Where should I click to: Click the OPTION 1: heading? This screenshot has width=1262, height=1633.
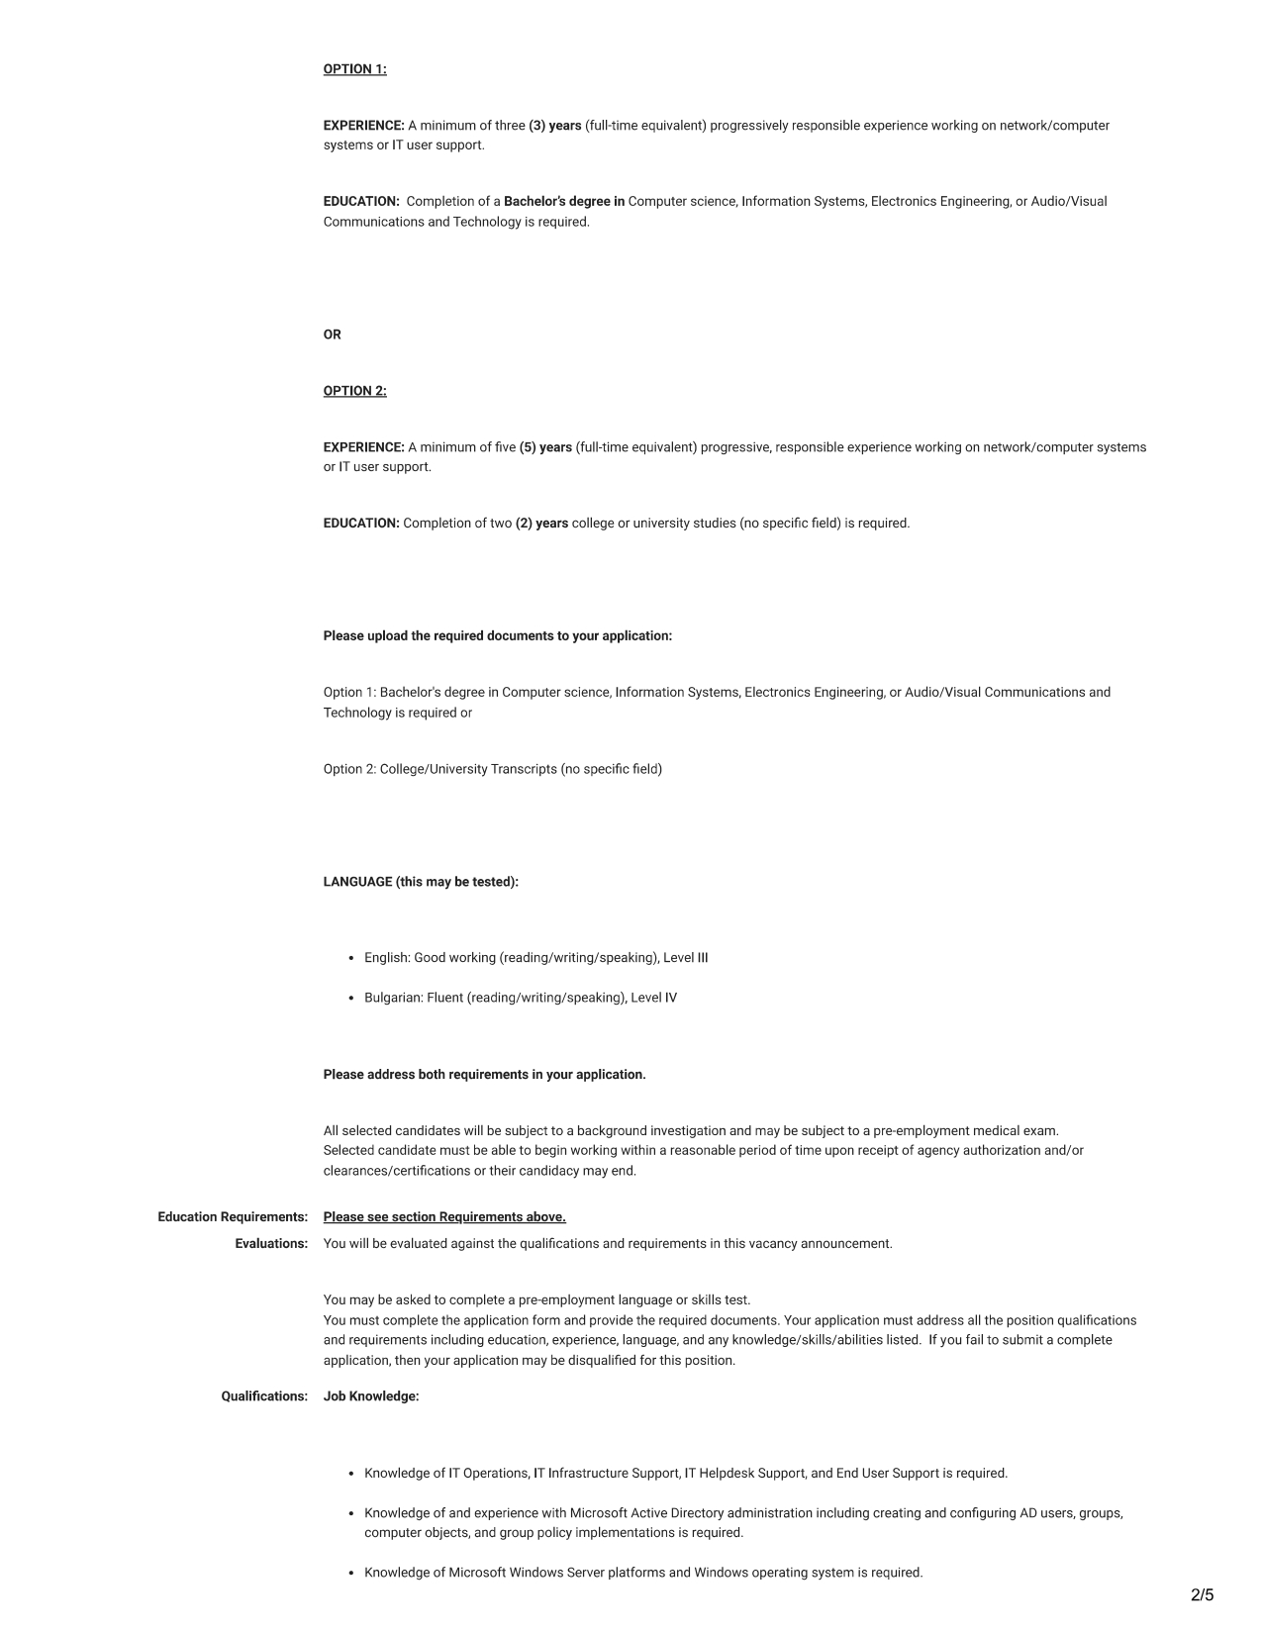[x=354, y=69]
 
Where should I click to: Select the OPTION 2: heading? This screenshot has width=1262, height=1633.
[x=354, y=391]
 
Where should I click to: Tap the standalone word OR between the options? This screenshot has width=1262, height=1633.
[x=332, y=335]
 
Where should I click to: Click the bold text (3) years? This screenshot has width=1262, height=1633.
[x=554, y=126]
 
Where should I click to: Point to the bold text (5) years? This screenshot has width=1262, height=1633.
[x=545, y=447]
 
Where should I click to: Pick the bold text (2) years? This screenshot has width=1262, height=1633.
[x=541, y=524]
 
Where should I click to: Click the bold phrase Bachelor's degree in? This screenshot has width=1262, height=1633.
[x=564, y=202]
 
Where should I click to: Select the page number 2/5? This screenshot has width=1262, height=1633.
[x=1202, y=1594]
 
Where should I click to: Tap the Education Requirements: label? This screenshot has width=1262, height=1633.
[x=233, y=1217]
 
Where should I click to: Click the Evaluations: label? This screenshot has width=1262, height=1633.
[x=271, y=1244]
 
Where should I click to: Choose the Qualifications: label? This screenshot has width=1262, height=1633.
[x=264, y=1396]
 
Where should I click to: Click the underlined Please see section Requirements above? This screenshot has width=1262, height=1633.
[x=444, y=1217]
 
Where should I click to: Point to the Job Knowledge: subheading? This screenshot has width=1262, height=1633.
[x=371, y=1396]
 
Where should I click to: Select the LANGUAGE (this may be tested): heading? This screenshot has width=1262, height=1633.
[x=421, y=882]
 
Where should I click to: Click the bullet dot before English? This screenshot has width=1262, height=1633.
[x=351, y=958]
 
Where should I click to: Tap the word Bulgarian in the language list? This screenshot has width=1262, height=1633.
[x=393, y=998]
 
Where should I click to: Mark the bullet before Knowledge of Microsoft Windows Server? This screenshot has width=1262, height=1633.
[x=351, y=1573]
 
